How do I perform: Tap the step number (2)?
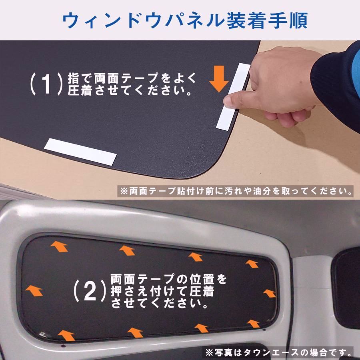click(90, 291)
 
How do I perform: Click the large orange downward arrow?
click(219, 79)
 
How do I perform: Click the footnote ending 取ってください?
click(236, 190)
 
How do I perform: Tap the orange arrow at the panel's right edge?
click(269, 293)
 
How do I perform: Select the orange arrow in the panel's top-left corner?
click(59, 246)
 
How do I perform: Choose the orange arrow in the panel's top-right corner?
click(252, 264)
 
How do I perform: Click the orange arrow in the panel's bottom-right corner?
click(253, 323)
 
